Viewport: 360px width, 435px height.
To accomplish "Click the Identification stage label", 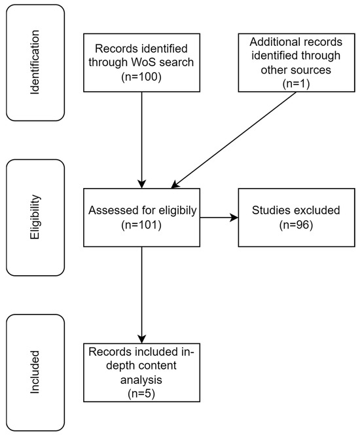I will pyautogui.click(x=36, y=63).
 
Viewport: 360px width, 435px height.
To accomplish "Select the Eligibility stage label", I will pyautogui.click(x=36, y=218).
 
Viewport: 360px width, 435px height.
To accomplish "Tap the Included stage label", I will pyautogui.click(x=36, y=373).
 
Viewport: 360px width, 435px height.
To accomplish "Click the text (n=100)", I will pyautogui.click(x=142, y=76).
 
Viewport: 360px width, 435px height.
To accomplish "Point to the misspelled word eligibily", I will pyautogui.click(x=173, y=211).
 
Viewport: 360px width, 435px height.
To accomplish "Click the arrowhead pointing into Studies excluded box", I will pyautogui.click(x=234, y=218).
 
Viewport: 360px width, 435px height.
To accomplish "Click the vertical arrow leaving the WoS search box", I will pyautogui.click(x=142, y=138).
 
